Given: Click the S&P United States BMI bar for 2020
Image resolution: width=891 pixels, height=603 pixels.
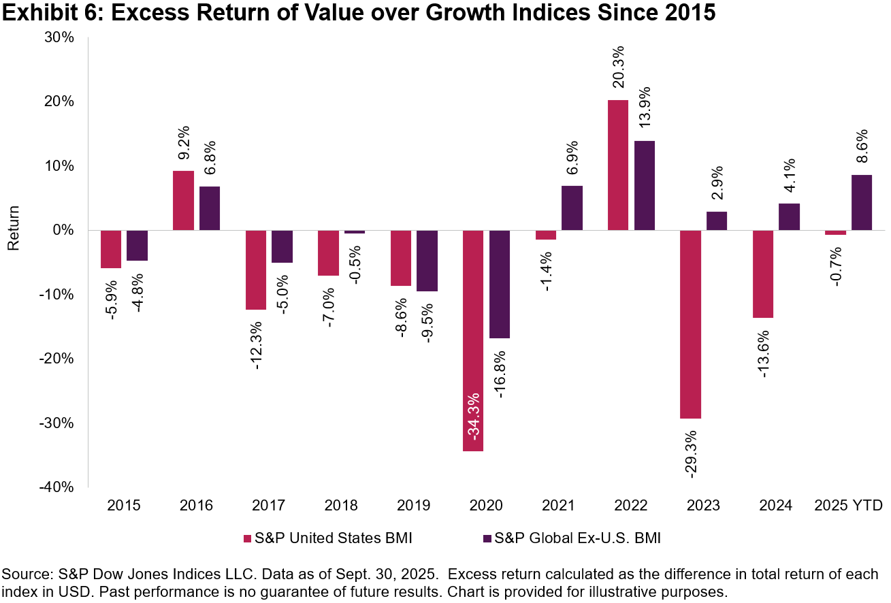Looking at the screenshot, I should [473, 340].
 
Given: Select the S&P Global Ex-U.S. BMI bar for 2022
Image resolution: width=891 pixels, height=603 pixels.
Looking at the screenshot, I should [645, 185].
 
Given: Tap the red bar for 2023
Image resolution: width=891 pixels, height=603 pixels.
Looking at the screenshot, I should [691, 324].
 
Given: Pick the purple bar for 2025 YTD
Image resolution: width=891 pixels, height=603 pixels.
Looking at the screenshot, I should [861, 202].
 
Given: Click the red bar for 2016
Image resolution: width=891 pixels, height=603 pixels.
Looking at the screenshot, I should [183, 200].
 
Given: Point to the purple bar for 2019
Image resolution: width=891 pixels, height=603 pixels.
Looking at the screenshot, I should [427, 261].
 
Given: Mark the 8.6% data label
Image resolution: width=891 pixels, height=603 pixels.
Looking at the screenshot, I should [862, 147].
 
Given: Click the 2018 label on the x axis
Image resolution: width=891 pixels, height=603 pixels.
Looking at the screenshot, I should [342, 506].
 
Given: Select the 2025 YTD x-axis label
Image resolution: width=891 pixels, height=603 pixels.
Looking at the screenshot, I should [849, 506].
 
